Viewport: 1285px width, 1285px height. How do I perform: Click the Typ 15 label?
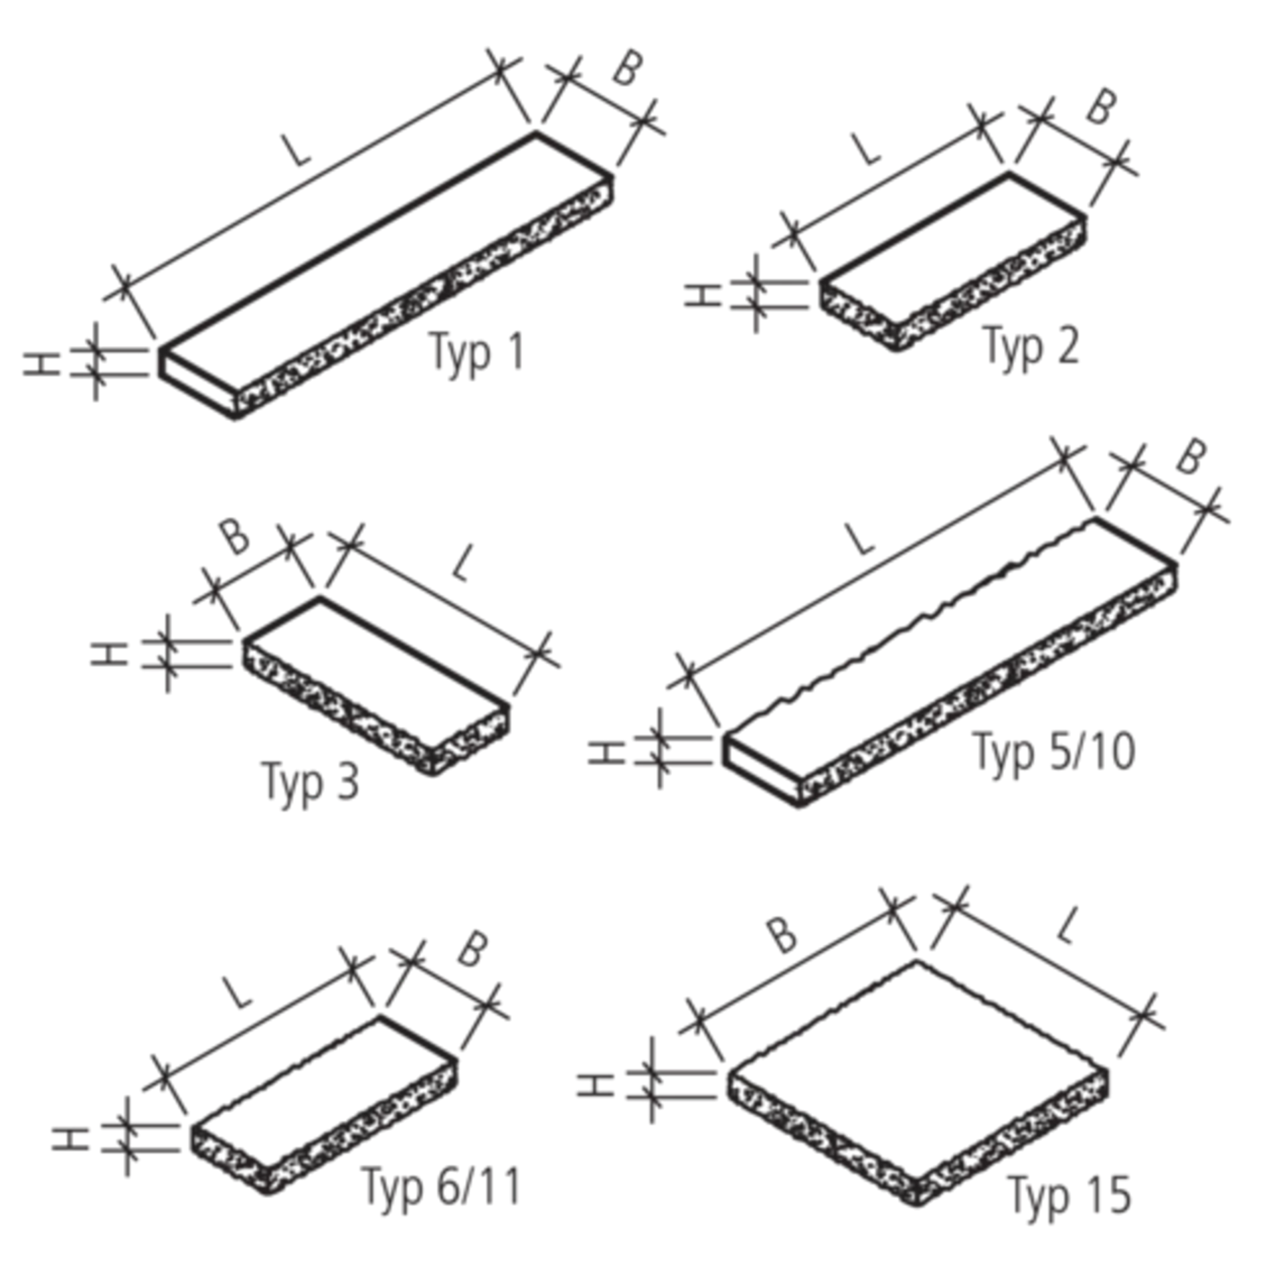pyautogui.click(x=1069, y=1195)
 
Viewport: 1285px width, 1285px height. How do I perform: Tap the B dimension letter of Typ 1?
pyautogui.click(x=627, y=68)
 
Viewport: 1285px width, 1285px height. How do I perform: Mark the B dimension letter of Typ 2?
pyautogui.click(x=1101, y=107)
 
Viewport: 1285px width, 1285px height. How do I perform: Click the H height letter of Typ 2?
pyautogui.click(x=702, y=295)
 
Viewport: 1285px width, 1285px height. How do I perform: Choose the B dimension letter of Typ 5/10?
pyautogui.click(x=1191, y=457)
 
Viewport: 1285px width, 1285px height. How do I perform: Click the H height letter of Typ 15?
pyautogui.click(x=595, y=1084)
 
